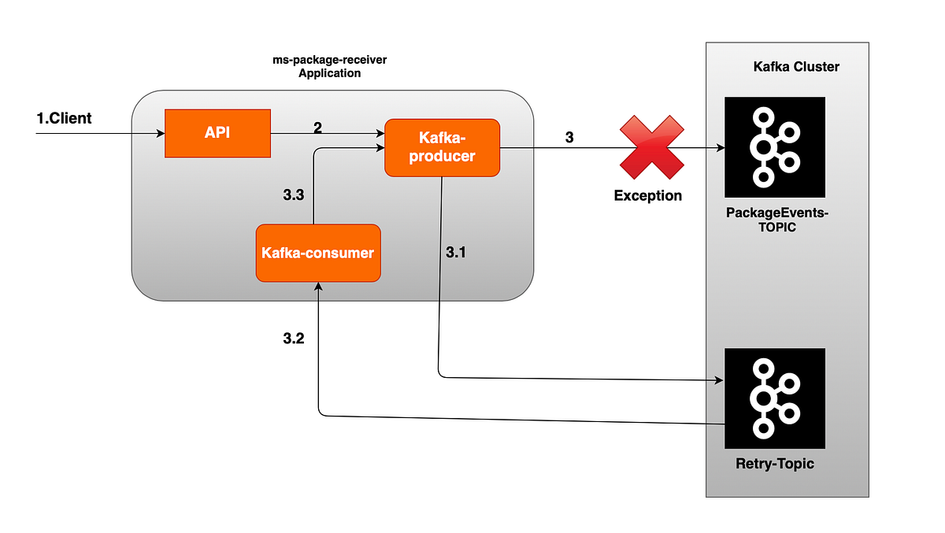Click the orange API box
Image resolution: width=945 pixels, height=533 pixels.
pos(217,134)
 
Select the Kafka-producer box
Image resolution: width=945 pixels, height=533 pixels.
pos(442,147)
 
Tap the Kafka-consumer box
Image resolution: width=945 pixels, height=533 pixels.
pos(318,253)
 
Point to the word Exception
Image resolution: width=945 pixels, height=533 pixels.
pos(648,195)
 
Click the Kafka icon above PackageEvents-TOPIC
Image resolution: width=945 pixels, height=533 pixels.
pos(775,146)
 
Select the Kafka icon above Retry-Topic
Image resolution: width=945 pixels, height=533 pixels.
pos(775,398)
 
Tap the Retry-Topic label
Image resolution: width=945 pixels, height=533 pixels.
pos(775,464)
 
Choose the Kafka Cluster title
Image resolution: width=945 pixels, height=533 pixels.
pos(796,67)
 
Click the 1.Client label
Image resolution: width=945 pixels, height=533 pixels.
pos(64,119)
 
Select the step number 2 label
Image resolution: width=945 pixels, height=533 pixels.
pos(317,128)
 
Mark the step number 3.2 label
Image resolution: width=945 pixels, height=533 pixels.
pos(293,339)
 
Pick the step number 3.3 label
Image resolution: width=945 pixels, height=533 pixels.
pos(293,195)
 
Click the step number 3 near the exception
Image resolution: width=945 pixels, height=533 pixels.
pos(569,138)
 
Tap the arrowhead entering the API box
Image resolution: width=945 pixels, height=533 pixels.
pos(159,134)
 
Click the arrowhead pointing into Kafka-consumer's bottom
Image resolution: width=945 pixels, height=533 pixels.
pos(318,287)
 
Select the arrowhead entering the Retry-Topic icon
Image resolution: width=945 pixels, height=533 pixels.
pos(719,380)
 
